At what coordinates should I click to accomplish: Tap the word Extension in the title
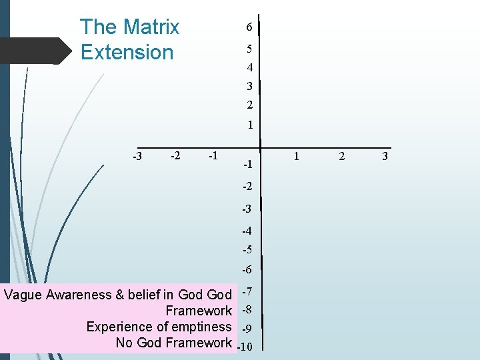(x=127, y=52)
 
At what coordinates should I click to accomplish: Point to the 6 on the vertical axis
(x=249, y=27)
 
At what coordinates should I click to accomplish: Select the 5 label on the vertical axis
(x=249, y=49)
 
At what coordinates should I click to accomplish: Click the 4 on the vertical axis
(x=249, y=68)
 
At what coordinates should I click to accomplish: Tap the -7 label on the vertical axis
(x=247, y=292)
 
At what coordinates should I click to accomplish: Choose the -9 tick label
(x=247, y=329)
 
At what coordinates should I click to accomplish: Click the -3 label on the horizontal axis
(x=137, y=157)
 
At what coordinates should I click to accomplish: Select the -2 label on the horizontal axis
(x=175, y=156)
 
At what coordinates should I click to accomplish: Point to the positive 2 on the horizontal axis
(x=342, y=156)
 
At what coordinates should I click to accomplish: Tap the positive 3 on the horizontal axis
(x=385, y=156)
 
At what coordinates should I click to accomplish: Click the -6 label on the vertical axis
(x=247, y=270)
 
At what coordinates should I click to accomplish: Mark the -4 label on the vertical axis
(x=247, y=231)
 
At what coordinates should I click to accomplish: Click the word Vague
(x=23, y=295)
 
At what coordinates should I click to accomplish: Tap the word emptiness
(x=201, y=327)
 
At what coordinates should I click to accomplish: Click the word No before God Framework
(x=124, y=343)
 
